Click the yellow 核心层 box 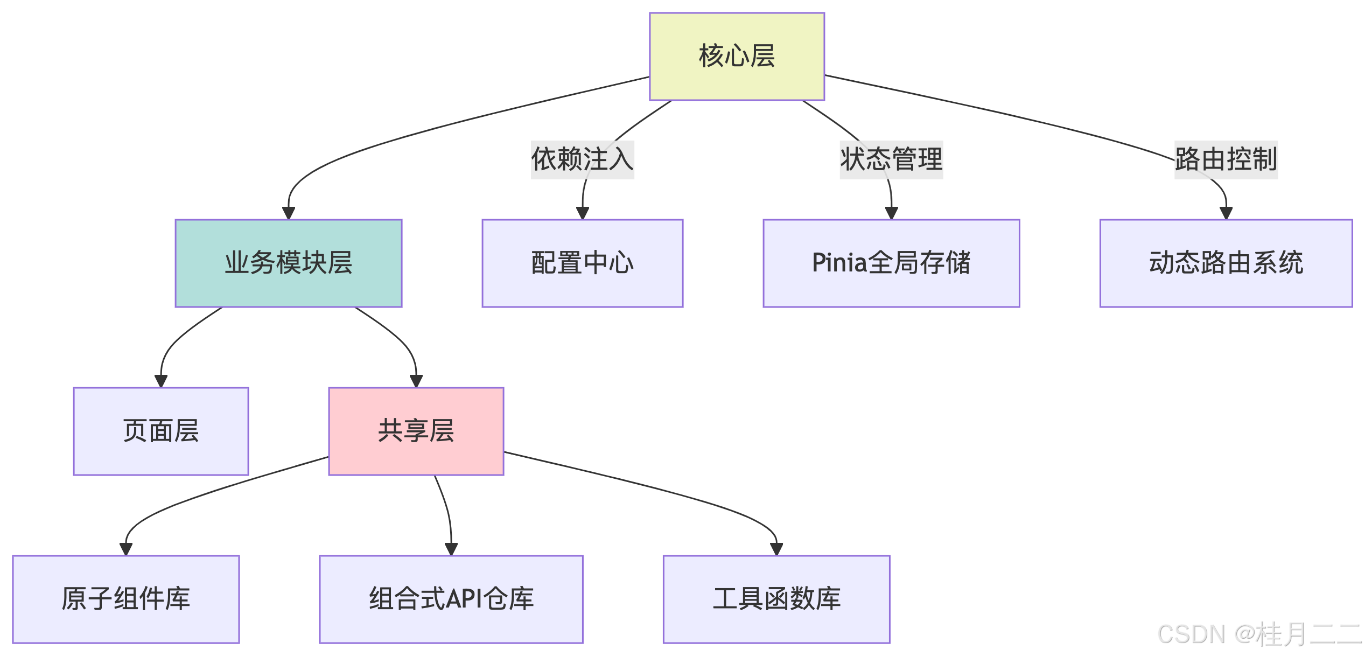coord(737,57)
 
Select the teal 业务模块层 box coord(289,263)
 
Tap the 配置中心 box coord(582,263)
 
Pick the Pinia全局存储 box coord(891,263)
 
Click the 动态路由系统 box coord(1226,263)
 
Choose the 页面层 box coord(161,431)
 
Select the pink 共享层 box coord(416,431)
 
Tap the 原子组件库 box coord(126,599)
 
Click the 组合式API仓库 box coord(451,599)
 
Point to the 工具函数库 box coord(776,599)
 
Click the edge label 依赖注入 coord(583,159)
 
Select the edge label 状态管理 coord(891,159)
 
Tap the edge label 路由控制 coord(1226,159)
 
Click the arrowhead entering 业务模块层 coord(289,213)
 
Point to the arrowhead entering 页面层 coord(161,381)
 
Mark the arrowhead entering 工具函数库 coord(776,549)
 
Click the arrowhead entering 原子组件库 coord(126,549)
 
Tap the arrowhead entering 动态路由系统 coord(1226,213)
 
